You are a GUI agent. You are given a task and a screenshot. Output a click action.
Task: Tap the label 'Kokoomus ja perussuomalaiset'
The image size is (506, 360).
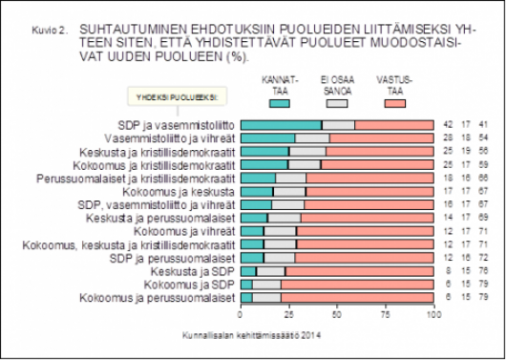click(170, 298)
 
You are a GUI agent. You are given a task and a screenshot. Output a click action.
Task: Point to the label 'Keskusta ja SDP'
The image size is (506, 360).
click(198, 271)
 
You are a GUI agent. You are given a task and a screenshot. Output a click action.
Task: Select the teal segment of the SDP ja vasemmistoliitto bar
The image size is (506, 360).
click(281, 125)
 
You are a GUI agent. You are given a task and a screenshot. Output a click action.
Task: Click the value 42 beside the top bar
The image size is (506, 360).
click(448, 125)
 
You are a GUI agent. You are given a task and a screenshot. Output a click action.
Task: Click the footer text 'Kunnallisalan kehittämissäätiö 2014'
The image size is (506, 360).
click(252, 335)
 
